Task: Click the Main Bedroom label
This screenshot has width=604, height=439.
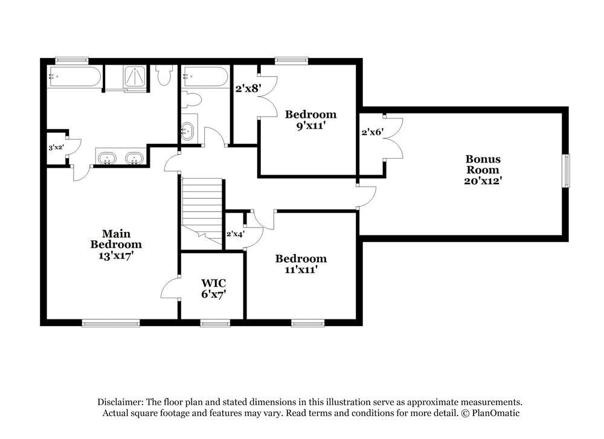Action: [116, 239]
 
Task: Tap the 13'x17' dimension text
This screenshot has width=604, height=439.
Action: [116, 255]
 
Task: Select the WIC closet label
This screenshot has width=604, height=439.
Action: [213, 283]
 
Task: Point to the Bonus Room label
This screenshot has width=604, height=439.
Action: [483, 164]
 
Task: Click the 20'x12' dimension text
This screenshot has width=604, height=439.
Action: [483, 180]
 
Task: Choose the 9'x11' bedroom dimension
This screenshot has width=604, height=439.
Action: [310, 126]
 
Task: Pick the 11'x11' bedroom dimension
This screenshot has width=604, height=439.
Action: [301, 270]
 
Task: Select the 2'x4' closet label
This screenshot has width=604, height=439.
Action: [234, 234]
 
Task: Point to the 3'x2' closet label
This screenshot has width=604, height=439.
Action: [56, 147]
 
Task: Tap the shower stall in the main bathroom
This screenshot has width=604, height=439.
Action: [135, 78]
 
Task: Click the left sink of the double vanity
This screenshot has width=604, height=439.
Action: [108, 159]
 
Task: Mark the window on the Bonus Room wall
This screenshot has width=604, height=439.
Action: [566, 171]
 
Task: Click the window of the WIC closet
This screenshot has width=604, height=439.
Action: [215, 324]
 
